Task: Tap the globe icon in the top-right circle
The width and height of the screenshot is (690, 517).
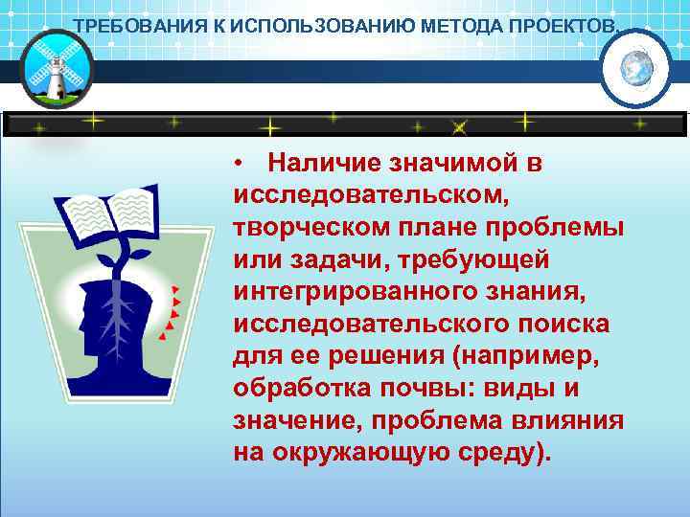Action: point(635,68)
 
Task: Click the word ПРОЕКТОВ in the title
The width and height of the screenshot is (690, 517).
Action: point(565,23)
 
